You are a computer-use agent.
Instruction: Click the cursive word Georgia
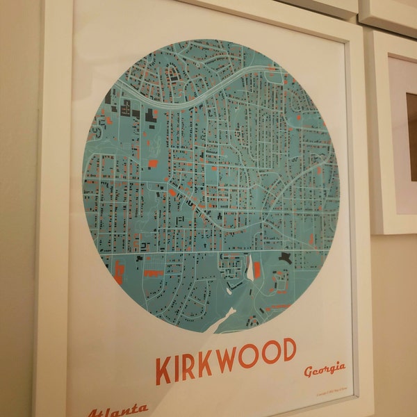325,369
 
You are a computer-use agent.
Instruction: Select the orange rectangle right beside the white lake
258,270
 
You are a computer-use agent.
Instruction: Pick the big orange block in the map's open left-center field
153,164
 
